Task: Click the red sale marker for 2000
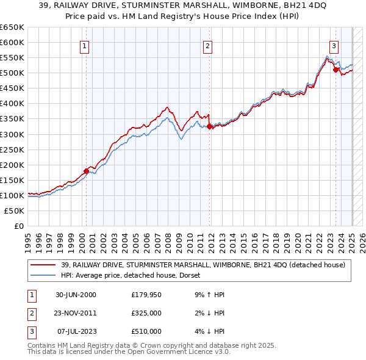click(x=86, y=171)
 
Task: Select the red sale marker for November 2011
click(x=210, y=127)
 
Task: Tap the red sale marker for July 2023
click(x=335, y=70)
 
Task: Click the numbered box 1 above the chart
click(x=84, y=45)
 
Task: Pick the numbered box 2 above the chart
click(x=207, y=45)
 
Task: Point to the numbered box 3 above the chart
click(x=334, y=45)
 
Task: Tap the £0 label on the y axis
click(x=20, y=226)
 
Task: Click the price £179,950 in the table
click(x=146, y=295)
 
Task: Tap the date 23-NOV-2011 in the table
click(x=76, y=313)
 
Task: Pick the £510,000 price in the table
click(x=146, y=331)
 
